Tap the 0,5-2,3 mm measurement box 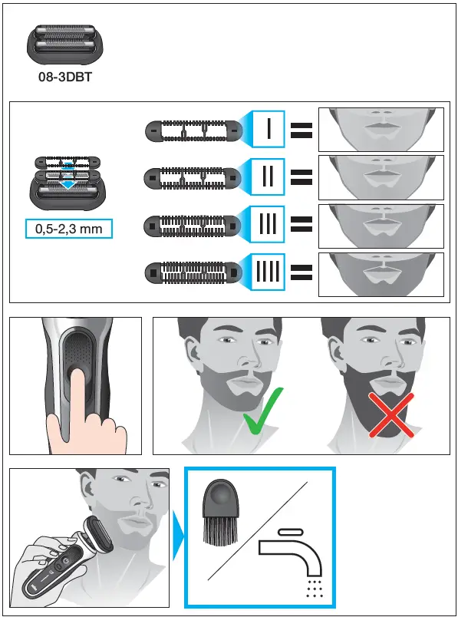pyautogui.click(x=68, y=228)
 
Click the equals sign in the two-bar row pyautogui.click(x=301, y=178)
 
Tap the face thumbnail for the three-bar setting pyautogui.click(x=381, y=225)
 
